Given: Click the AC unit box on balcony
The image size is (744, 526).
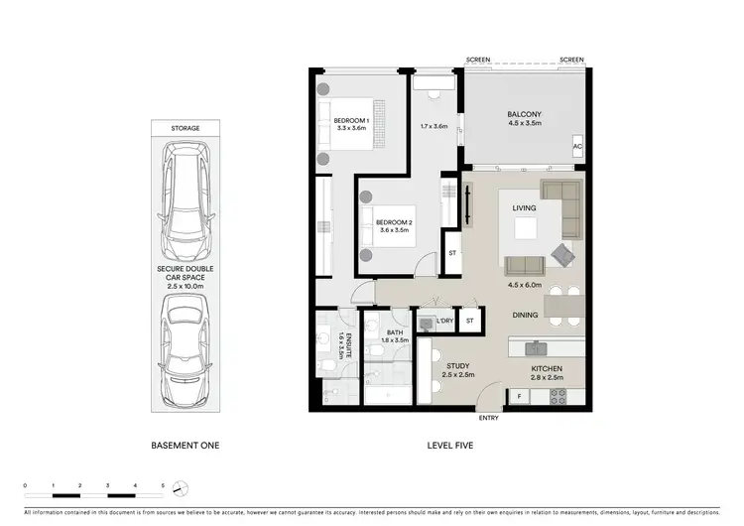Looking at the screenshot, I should pyautogui.click(x=576, y=147).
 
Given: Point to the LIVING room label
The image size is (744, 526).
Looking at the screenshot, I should pyautogui.click(x=524, y=208).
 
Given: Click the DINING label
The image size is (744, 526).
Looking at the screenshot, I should pyautogui.click(x=525, y=316).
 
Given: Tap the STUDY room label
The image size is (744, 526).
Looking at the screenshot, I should pyautogui.click(x=456, y=367).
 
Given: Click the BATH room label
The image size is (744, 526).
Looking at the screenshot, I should pyautogui.click(x=394, y=332).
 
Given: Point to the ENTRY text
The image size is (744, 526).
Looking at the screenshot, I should pyautogui.click(x=489, y=418).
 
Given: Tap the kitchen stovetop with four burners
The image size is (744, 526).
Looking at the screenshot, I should pyautogui.click(x=558, y=396).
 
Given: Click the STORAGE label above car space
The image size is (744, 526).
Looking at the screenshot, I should pyautogui.click(x=186, y=128).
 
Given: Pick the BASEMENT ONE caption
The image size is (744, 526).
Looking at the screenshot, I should pyautogui.click(x=186, y=446).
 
